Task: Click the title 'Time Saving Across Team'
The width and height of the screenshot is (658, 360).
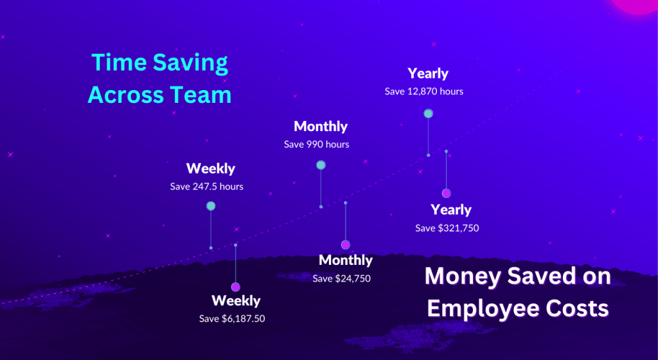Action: point(159,78)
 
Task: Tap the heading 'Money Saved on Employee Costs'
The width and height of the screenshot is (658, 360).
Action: point(517,292)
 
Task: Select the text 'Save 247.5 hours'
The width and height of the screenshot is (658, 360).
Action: point(206,186)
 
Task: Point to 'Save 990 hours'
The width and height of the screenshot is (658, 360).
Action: point(316,145)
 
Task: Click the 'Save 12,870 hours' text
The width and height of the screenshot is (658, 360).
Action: point(424,91)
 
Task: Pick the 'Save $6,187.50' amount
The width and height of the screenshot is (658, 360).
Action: point(232,319)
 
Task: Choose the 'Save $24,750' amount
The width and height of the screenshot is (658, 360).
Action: point(342,278)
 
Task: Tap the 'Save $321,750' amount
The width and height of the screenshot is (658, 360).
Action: point(447,228)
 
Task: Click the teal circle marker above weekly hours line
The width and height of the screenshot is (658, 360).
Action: point(211,206)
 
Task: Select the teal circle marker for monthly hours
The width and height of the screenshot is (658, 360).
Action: point(321,165)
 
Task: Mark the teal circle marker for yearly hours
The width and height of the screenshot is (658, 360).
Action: point(428,113)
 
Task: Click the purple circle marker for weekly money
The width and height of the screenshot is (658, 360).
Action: point(235,287)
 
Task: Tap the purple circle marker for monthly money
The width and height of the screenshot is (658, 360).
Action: point(345,245)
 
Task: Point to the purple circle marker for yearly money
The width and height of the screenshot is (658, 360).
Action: point(446,193)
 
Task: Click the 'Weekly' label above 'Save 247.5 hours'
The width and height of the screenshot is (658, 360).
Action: point(211,168)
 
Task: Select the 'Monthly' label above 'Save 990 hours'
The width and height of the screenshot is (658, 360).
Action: point(321,126)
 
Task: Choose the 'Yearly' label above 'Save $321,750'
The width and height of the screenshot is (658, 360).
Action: point(451,210)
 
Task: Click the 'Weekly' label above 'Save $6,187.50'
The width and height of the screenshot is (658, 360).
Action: point(236,300)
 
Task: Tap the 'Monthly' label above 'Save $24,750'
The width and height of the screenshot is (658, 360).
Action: point(346,260)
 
